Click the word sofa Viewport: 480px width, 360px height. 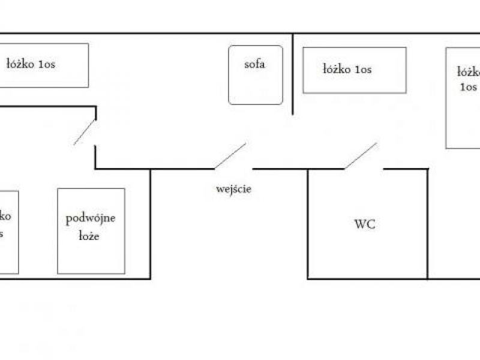point(254,65)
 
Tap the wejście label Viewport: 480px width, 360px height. point(233,190)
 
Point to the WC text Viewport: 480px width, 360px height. point(365,224)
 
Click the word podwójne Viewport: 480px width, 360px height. point(91,218)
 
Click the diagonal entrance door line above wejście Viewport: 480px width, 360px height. point(230,156)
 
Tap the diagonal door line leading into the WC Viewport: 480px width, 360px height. point(361,155)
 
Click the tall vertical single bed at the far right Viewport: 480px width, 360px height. point(462,120)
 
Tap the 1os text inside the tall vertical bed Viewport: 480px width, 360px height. point(469,86)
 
